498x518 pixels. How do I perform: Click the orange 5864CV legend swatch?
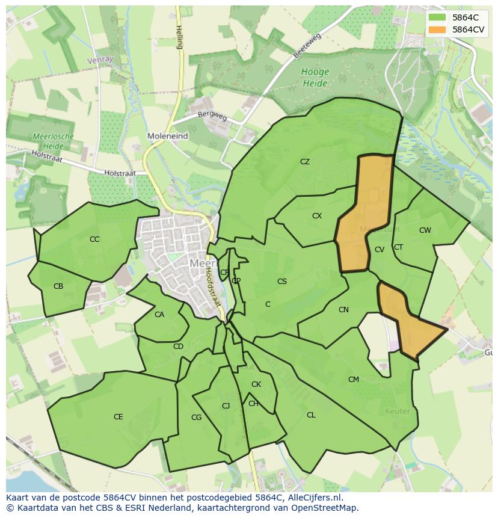click(x=438, y=29)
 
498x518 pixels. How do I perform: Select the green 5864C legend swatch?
click(x=438, y=17)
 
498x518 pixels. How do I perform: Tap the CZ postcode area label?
click(x=305, y=162)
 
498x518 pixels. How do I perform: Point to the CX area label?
click(x=317, y=216)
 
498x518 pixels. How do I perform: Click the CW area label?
click(x=425, y=230)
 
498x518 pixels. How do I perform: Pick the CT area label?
click(x=398, y=247)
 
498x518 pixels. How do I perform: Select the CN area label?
click(x=343, y=310)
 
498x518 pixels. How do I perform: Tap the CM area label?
click(x=354, y=380)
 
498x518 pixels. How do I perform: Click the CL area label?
click(x=311, y=415)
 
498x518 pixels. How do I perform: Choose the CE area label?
click(x=118, y=417)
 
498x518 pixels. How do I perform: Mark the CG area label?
click(x=196, y=418)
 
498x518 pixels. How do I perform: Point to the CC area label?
click(x=94, y=239)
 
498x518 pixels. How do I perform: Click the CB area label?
click(x=58, y=286)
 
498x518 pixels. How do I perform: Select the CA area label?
click(x=159, y=315)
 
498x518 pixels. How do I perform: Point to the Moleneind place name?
click(x=168, y=137)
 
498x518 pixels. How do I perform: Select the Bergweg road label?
click(x=212, y=116)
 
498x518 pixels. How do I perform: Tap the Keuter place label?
click(x=397, y=412)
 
